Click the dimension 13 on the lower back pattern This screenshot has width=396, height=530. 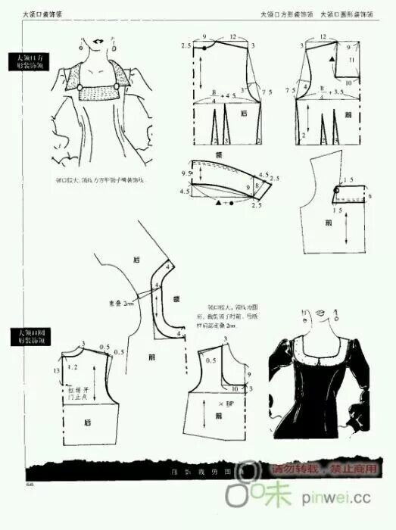(x=58, y=369)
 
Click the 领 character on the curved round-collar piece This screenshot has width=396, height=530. (x=176, y=298)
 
